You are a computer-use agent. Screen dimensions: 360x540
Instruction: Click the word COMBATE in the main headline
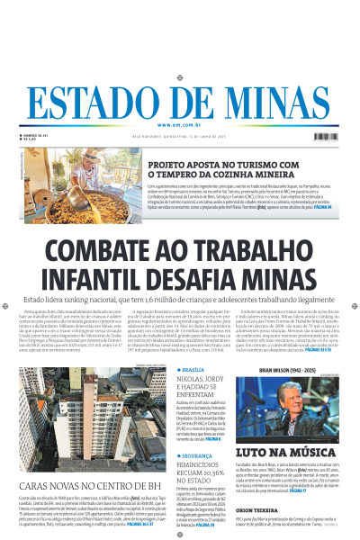101,255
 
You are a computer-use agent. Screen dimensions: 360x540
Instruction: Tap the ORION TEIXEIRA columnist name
261,510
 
